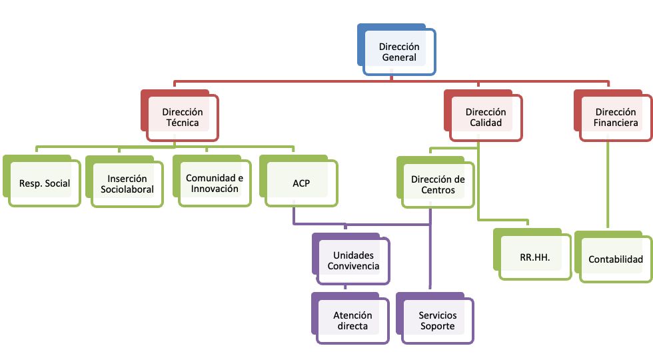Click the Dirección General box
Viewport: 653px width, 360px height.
396,50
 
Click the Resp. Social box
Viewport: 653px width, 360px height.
41,181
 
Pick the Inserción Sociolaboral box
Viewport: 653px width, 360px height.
125,181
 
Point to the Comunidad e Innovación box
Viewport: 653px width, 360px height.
212,181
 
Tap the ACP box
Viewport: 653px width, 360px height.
299,181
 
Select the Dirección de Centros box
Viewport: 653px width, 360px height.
436,182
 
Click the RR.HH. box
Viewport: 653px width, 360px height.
532,254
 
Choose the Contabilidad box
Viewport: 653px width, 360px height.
614,257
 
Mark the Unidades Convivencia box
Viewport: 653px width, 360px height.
351,259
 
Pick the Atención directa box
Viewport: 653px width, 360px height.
350,319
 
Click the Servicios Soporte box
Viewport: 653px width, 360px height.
435,319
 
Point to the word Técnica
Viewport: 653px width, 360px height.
183,123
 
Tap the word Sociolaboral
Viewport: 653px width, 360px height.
127,189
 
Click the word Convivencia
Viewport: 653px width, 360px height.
353,266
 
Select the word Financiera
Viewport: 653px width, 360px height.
616,123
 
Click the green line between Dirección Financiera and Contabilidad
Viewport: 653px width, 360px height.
608,185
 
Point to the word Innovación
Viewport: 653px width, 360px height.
215,189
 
